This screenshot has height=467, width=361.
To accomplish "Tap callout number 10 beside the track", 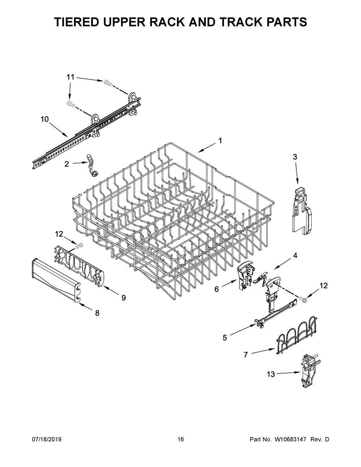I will (x=44, y=119).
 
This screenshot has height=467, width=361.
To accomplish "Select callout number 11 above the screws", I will (x=70, y=77).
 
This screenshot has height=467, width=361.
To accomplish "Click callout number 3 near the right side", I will (x=295, y=157).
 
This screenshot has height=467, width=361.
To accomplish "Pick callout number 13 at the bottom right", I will (x=270, y=375).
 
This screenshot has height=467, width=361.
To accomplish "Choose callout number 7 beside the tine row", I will (x=246, y=355).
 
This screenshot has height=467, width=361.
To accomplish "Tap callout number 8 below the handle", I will (x=97, y=313).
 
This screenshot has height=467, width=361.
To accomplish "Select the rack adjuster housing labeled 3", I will (x=300, y=211).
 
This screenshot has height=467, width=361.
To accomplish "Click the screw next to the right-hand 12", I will (x=303, y=298).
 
